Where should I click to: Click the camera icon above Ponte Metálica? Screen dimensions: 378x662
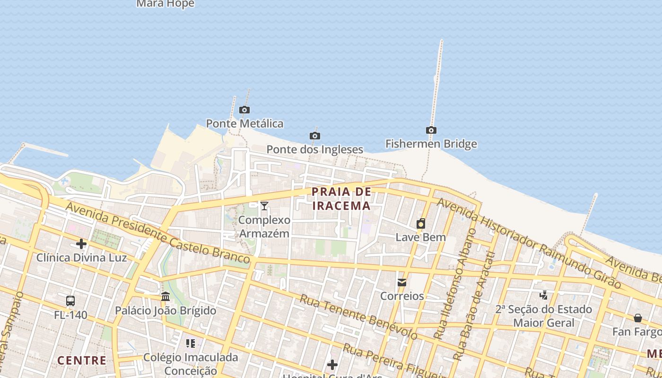click(244, 110)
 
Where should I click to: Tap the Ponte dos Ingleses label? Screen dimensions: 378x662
click(315, 149)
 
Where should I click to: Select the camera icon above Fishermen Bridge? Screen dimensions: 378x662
click(431, 130)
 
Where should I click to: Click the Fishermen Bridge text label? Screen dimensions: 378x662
click(431, 144)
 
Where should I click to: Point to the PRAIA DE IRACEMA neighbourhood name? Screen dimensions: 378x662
click(341, 198)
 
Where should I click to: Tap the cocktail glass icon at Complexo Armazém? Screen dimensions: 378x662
click(264, 206)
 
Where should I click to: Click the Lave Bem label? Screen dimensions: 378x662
click(420, 237)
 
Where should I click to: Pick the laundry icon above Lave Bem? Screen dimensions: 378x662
click(421, 223)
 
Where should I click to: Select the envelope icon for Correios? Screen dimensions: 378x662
click(402, 283)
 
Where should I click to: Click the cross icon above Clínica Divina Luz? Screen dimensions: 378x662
click(81, 244)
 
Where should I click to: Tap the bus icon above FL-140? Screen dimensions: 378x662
click(70, 301)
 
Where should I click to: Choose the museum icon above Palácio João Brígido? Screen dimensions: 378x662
click(165, 297)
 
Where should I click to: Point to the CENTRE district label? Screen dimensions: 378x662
click(82, 361)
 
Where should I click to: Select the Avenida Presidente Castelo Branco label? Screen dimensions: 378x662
click(157, 232)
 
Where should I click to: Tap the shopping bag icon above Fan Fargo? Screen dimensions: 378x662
click(637, 318)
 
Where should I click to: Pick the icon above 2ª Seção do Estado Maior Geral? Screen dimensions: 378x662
click(544, 295)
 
